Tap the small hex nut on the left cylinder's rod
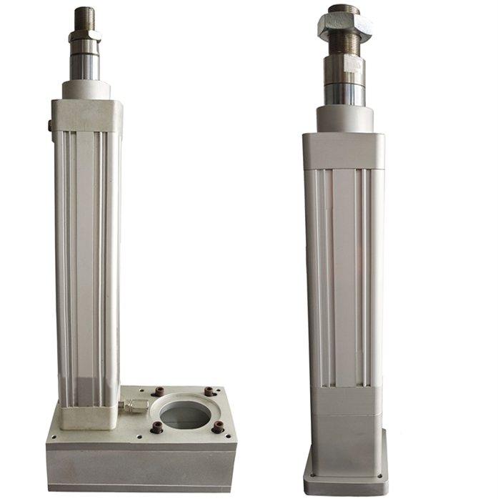coord(84,35)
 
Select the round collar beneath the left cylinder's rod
coord(86,90)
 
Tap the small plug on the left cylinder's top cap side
coord(49,127)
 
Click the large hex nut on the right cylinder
coord(344,26)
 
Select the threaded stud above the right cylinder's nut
coord(344,9)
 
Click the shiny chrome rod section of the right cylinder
coord(344,94)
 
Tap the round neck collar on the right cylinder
coord(344,118)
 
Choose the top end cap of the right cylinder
coord(344,150)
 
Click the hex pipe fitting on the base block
coord(134,405)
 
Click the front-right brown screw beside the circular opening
coord(217,428)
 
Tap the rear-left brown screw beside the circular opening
coord(159,392)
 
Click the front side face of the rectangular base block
coord(140,468)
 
